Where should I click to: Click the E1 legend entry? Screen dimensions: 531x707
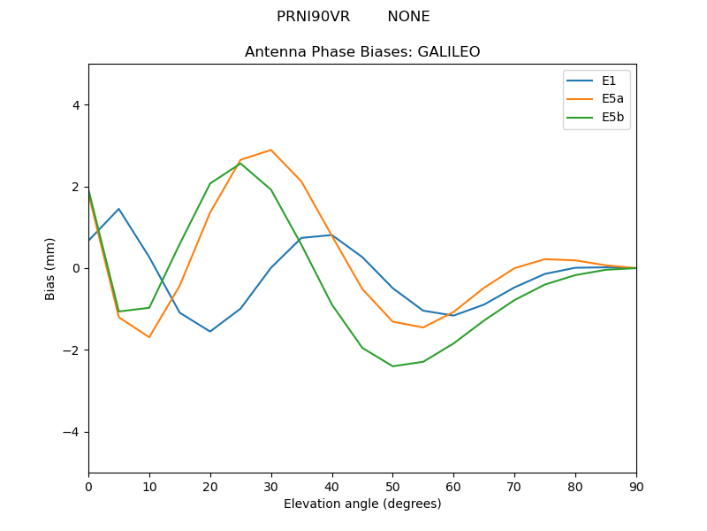click(608, 81)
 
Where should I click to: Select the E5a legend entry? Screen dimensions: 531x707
click(611, 99)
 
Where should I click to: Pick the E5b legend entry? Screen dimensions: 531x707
click(611, 117)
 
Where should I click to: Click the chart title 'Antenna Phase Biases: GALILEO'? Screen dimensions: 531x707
click(362, 52)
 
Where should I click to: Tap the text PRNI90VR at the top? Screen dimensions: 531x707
click(313, 17)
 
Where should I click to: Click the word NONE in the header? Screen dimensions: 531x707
click(408, 17)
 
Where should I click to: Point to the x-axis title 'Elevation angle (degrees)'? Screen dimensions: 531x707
click(362, 504)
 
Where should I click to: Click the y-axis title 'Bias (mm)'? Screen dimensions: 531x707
click(50, 268)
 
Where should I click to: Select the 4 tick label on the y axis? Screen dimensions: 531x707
click(75, 105)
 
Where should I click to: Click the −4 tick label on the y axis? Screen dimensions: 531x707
click(72, 432)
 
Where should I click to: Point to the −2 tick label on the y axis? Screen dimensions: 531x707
click(72, 350)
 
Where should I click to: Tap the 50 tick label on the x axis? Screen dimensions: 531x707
click(392, 486)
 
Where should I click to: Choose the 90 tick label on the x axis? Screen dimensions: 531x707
click(636, 486)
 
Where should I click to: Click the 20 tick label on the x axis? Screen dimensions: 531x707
click(210, 486)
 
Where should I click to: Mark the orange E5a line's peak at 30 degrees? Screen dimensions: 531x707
click(270, 150)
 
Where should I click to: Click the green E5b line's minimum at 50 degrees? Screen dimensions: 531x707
click(392, 366)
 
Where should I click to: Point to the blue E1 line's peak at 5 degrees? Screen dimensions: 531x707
click(118, 209)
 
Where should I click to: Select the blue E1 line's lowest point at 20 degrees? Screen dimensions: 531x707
click(210, 331)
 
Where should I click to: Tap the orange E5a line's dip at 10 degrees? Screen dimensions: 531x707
click(149, 337)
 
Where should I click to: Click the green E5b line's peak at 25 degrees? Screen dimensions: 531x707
click(240, 163)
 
